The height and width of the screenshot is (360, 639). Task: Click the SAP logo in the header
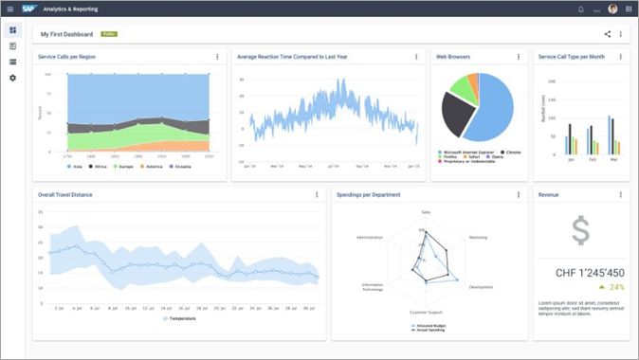[x=31, y=9]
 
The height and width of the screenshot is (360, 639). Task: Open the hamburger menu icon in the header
[x=9, y=9]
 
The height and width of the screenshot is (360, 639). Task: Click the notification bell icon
[x=581, y=9]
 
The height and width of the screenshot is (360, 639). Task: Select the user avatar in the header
[x=612, y=9]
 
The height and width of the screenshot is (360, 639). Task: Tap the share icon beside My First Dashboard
[x=608, y=34]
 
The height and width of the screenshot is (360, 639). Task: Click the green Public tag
[x=109, y=34]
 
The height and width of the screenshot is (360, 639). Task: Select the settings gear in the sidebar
[x=12, y=78]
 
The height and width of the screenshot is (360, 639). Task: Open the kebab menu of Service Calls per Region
[x=217, y=57]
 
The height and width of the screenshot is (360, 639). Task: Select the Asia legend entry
[x=75, y=166]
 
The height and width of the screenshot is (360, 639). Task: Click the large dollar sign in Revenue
[x=580, y=230]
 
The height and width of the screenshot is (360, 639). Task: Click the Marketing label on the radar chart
[x=478, y=237]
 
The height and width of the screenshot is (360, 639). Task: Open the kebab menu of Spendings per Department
[x=518, y=195]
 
